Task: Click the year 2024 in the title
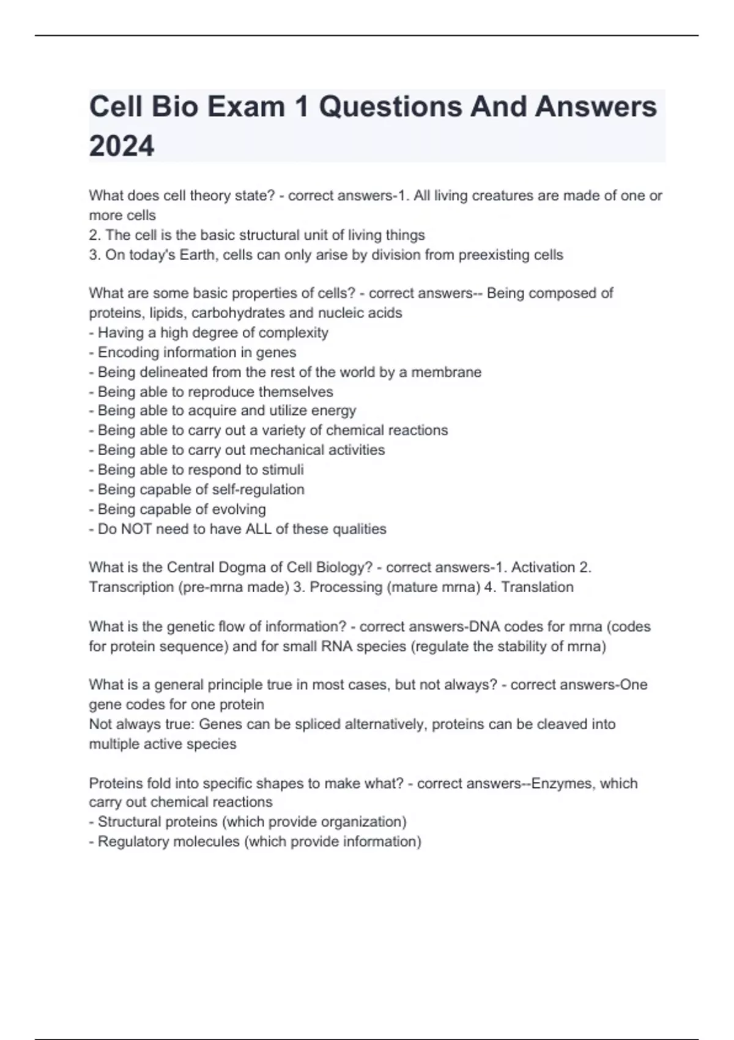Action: click(x=122, y=146)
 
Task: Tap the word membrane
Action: click(x=446, y=372)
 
